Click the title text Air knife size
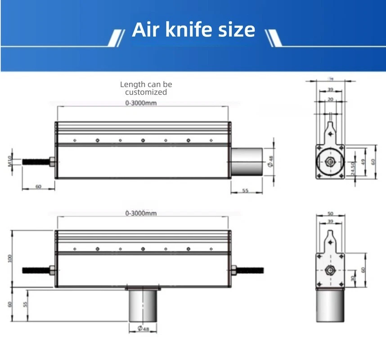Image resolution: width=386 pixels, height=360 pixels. tap(193, 30)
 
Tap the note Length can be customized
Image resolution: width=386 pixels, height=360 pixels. tap(146, 88)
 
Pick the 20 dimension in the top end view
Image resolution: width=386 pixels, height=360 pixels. tap(331, 99)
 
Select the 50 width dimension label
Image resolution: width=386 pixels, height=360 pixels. tap(331, 213)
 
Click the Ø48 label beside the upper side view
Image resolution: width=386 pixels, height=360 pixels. tap(270, 161)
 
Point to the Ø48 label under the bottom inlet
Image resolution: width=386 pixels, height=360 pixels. tap(144, 329)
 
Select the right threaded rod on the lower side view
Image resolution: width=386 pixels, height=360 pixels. tap(248, 270)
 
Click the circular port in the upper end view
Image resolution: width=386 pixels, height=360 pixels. tap(331, 161)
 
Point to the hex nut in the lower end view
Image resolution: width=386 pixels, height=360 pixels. tap(331, 270)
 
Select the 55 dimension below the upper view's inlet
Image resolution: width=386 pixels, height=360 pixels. tap(246, 191)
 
